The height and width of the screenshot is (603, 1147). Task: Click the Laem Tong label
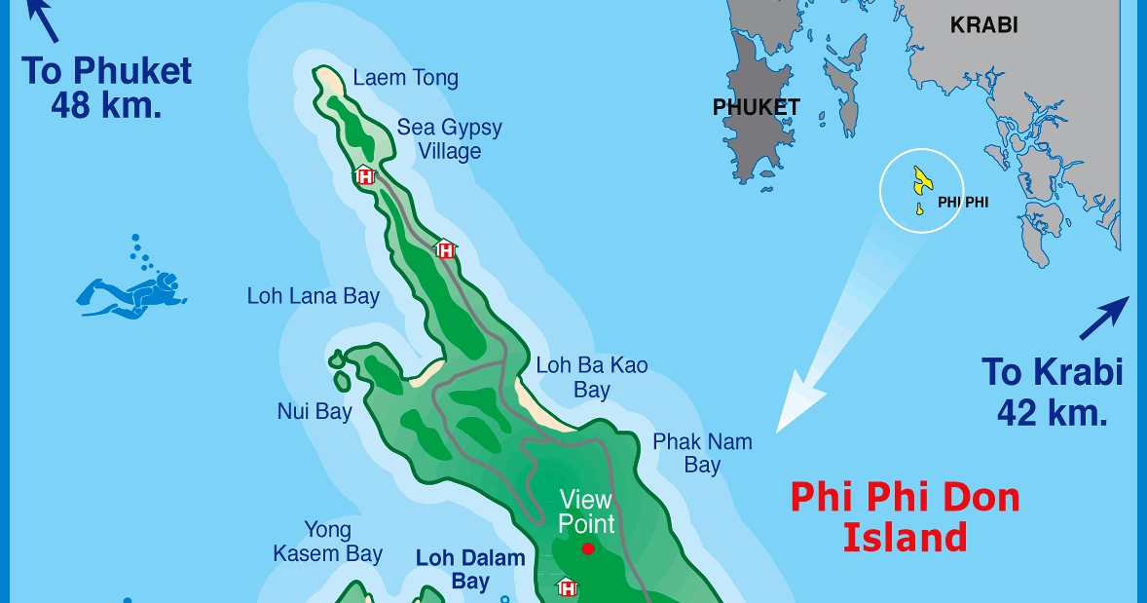(405, 78)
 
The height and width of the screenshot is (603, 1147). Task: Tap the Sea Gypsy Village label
(449, 139)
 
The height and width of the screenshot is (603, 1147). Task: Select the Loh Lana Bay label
(313, 296)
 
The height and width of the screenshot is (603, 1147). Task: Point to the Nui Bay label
(314, 412)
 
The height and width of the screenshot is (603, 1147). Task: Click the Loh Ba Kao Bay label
(591, 378)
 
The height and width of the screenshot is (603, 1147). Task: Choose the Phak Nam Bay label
(702, 453)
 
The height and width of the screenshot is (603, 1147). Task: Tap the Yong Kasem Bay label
(327, 543)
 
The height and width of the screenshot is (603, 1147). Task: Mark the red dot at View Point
(588, 549)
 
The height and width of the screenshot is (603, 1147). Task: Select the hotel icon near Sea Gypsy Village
(365, 176)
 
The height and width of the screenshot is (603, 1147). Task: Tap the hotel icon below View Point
(567, 587)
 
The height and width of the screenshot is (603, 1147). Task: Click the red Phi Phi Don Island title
(905, 516)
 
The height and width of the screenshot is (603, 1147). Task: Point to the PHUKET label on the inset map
(757, 107)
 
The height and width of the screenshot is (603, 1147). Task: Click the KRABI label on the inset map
(983, 25)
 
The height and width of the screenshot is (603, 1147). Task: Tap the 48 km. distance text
(106, 105)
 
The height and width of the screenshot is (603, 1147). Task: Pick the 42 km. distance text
(1053, 413)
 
